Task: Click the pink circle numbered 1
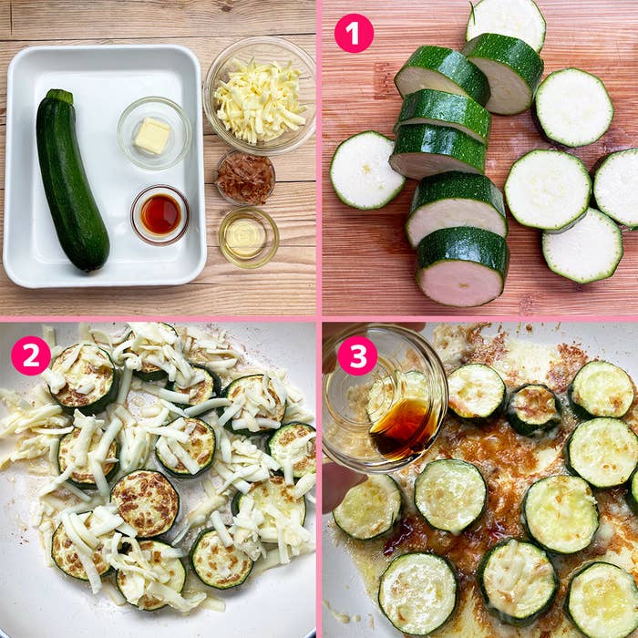coord(354,33)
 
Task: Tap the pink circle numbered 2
coord(31,355)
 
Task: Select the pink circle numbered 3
coord(357,355)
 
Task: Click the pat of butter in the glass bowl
coord(152,136)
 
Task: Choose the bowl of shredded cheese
coord(260,96)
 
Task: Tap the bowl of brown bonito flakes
coord(245,178)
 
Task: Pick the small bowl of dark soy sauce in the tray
coord(159,214)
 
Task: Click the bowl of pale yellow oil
coord(249,237)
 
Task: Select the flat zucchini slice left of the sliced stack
coord(366,170)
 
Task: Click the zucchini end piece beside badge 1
coord(506,23)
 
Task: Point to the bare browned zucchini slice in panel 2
coord(145,503)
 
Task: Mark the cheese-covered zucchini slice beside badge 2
coord(84,378)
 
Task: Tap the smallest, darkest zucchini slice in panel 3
coord(533,409)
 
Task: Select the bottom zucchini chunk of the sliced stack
coord(463,267)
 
